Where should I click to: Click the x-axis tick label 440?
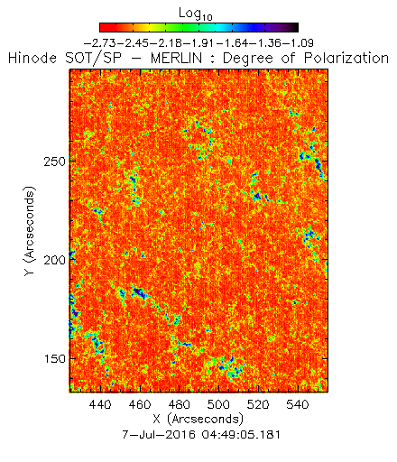click(100, 404)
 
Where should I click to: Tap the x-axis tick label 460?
click(140, 404)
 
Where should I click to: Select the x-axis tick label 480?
click(180, 404)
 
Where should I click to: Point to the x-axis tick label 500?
click(218, 404)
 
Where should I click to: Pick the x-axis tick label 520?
click(258, 404)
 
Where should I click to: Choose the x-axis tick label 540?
click(298, 404)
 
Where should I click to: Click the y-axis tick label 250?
click(54, 162)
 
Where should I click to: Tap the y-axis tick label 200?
click(54, 260)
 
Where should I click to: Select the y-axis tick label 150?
click(54, 358)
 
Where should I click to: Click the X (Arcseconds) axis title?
click(198, 419)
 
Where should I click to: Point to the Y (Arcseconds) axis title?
click(30, 231)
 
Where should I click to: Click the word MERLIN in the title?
click(176, 58)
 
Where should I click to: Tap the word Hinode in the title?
click(32, 58)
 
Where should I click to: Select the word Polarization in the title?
click(346, 58)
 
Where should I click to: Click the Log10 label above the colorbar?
click(196, 14)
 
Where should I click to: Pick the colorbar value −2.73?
click(99, 43)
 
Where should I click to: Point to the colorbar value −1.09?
click(297, 43)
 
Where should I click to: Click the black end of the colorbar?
click(295, 27)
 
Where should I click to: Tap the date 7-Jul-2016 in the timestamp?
click(159, 435)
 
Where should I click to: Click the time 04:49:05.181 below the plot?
click(241, 435)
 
